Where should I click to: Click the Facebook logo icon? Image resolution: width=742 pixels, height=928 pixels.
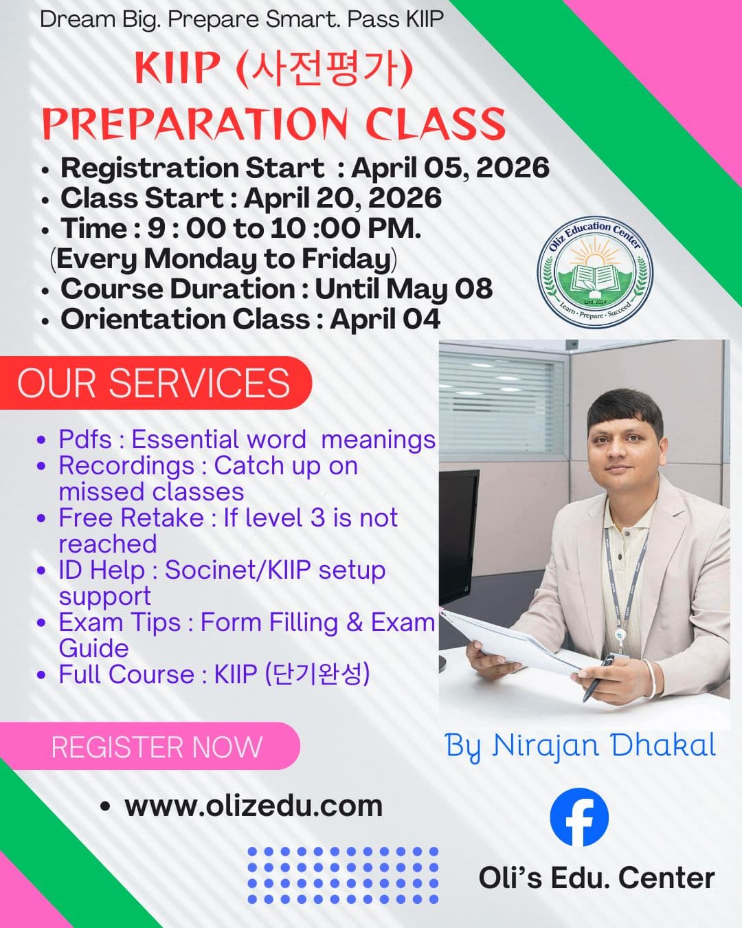click(579, 817)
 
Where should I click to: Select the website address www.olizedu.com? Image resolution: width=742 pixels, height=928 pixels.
click(253, 806)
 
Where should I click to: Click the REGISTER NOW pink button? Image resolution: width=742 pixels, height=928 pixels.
click(157, 747)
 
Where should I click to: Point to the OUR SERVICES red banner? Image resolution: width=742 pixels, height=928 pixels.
click(154, 383)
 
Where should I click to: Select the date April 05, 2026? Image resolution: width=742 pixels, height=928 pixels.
click(450, 168)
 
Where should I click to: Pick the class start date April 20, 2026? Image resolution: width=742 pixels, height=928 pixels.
click(342, 198)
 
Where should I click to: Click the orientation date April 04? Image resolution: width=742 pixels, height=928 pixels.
click(385, 319)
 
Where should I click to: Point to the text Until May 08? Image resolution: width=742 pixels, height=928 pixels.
click(403, 289)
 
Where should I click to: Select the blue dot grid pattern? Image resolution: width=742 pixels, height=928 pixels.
click(343, 874)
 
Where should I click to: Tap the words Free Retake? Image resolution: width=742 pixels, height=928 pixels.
click(131, 518)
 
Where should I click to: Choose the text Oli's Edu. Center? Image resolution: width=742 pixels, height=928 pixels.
click(596, 878)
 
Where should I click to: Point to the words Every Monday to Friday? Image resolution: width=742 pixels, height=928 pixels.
click(223, 258)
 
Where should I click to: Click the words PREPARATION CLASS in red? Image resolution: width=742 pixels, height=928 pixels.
click(273, 124)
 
